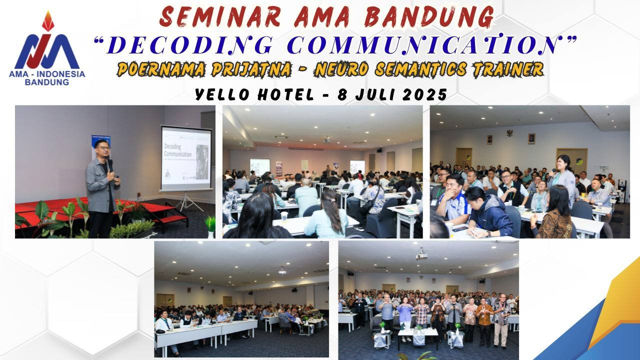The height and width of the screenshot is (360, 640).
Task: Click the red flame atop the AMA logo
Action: click(48, 21)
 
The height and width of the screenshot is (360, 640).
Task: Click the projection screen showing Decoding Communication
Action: click(186, 158)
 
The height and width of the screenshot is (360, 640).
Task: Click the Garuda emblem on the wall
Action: click(509, 133)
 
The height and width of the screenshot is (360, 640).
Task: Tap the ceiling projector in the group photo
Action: click(421, 255)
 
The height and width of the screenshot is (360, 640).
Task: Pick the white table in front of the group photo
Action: click(418, 333)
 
